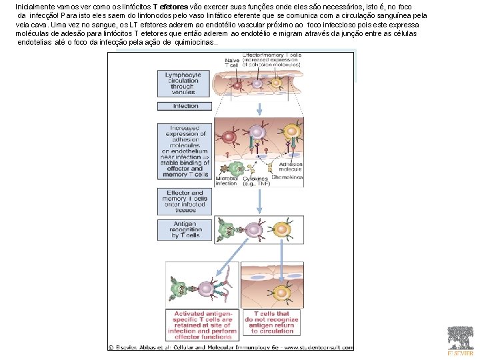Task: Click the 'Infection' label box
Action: (185, 106)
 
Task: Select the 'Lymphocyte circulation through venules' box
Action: (185, 83)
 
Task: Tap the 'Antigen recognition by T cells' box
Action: (185, 230)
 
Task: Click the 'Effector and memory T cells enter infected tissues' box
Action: (185, 200)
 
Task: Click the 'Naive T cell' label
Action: (232, 62)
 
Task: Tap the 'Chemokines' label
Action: (288, 177)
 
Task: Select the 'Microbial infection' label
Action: (226, 181)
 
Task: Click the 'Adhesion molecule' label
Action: (290, 166)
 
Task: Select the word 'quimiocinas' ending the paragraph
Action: (194, 42)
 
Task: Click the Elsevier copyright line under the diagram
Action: (231, 347)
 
